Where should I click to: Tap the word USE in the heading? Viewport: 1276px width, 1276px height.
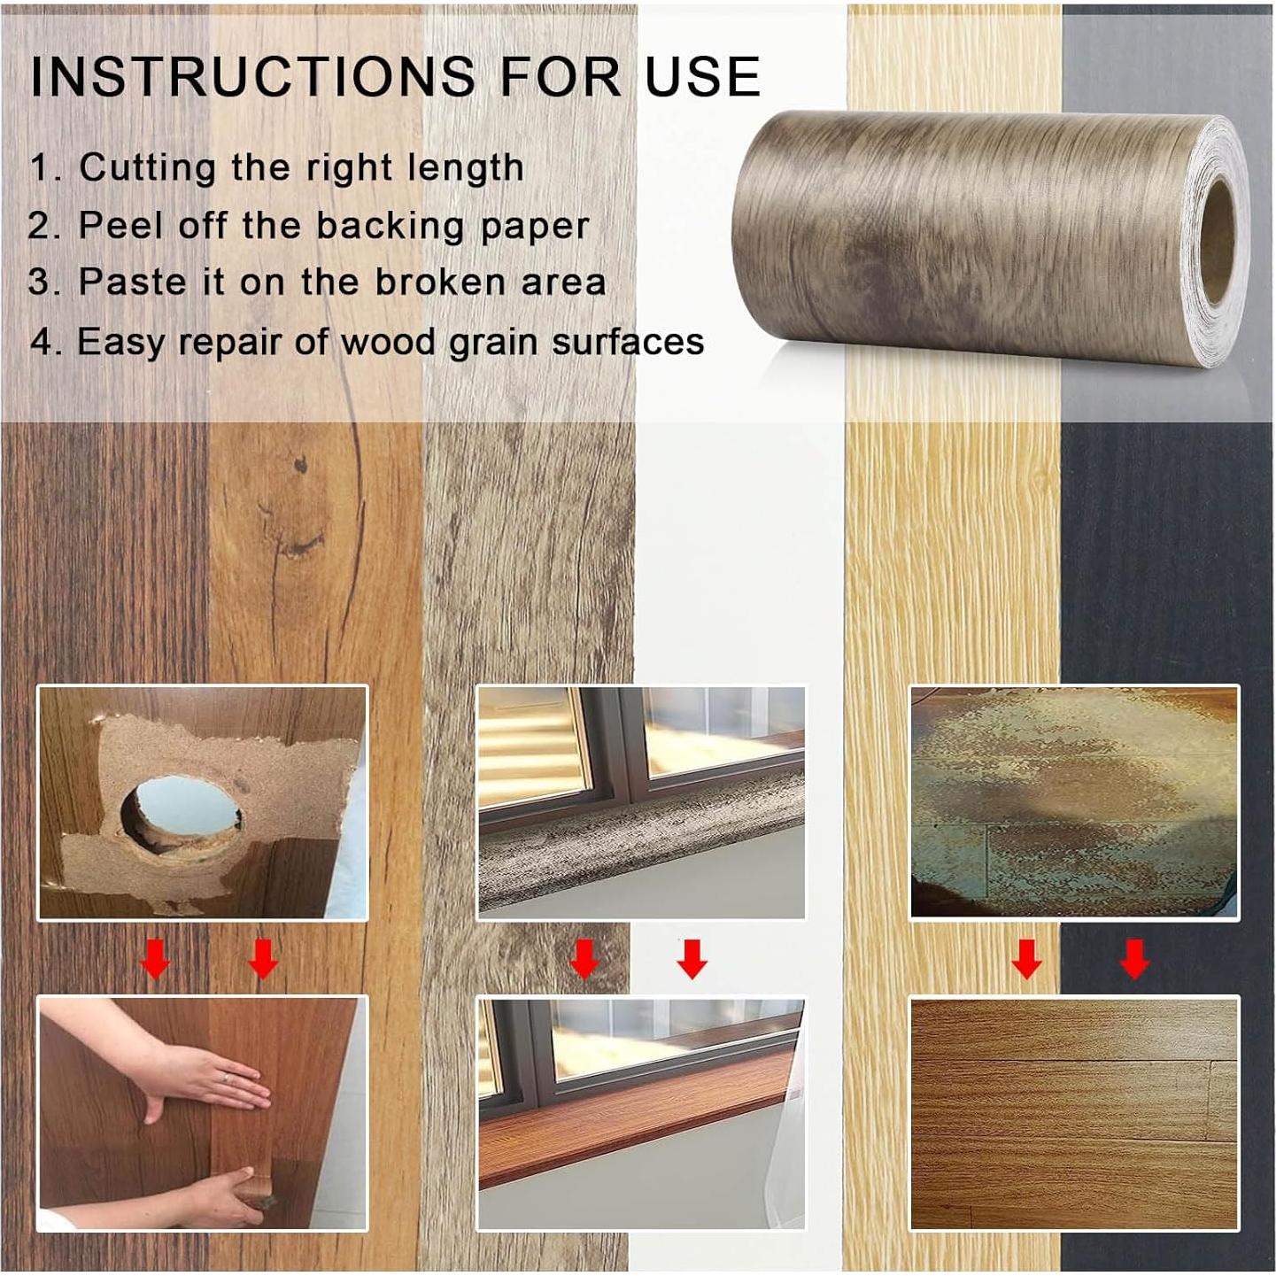(702, 76)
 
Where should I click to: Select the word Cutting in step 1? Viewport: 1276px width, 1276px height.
(147, 168)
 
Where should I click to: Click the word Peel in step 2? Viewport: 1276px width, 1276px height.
(120, 226)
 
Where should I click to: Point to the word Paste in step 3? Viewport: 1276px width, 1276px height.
(133, 282)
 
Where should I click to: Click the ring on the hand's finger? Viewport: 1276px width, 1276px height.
(227, 1079)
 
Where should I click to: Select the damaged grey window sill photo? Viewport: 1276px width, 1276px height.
(641, 802)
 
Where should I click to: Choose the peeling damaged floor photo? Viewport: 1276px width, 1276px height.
(1075, 802)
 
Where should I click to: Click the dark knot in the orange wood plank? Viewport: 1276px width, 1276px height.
(301, 466)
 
